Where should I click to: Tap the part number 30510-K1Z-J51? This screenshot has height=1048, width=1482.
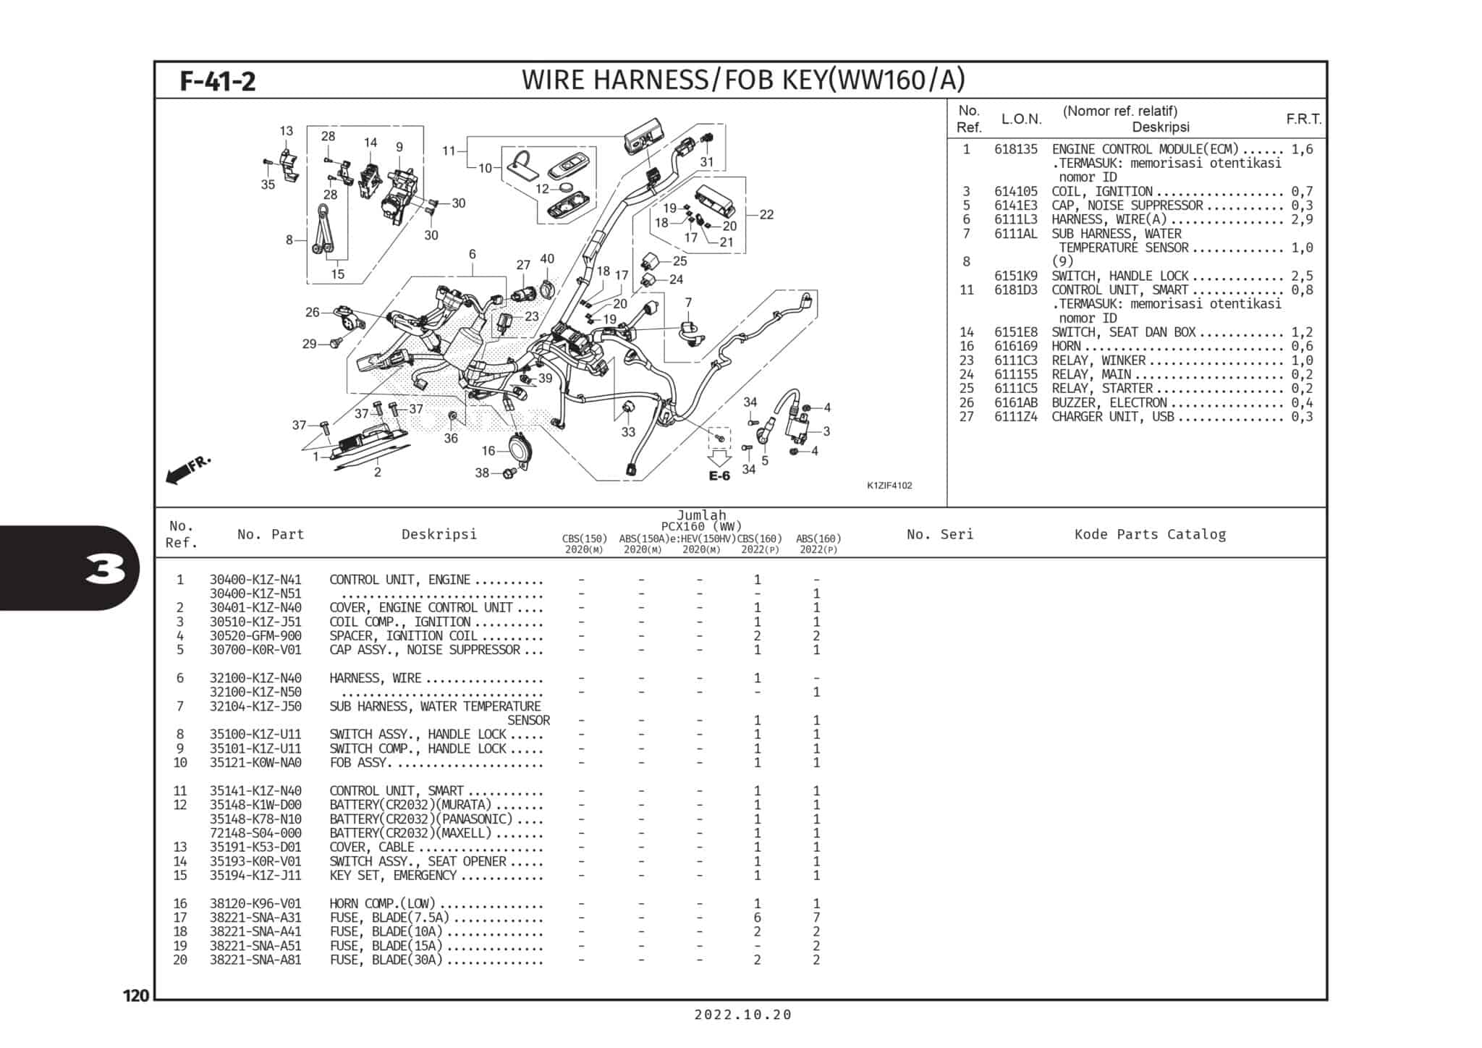click(255, 622)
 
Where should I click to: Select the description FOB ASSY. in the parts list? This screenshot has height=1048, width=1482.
click(360, 763)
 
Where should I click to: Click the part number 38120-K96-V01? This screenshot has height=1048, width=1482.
click(255, 903)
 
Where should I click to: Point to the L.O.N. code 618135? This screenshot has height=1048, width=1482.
click(1015, 149)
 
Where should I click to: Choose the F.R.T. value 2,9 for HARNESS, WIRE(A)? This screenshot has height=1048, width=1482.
click(1301, 219)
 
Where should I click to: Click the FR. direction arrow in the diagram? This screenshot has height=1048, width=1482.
click(187, 469)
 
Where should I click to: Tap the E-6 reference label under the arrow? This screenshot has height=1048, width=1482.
click(719, 476)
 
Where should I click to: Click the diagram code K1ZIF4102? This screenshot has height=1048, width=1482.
click(889, 486)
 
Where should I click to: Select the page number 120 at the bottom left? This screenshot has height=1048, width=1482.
click(136, 996)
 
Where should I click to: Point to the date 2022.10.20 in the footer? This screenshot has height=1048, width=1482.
click(742, 1015)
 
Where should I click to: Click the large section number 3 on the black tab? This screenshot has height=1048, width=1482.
click(104, 570)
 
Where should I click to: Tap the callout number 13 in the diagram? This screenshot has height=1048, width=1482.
click(287, 131)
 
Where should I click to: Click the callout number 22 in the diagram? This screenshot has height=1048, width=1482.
click(766, 214)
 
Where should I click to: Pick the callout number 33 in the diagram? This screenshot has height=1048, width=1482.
click(628, 432)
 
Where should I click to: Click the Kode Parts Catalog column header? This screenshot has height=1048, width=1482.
click(1150, 534)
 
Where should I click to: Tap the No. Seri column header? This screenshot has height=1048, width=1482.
click(940, 534)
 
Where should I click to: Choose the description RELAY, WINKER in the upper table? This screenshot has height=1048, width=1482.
click(1098, 360)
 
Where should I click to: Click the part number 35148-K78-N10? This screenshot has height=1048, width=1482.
click(255, 819)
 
